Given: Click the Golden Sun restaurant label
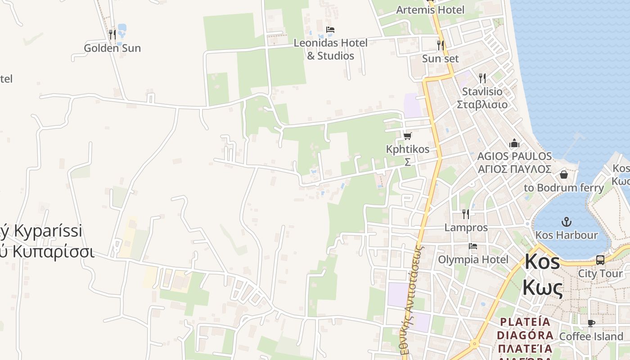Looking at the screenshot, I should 112,48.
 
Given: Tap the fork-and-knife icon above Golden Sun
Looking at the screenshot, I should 112,34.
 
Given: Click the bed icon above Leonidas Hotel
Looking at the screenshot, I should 330,30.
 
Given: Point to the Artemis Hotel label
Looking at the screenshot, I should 430,9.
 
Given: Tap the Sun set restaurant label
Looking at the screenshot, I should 440,58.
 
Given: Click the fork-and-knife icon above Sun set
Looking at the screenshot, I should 441,45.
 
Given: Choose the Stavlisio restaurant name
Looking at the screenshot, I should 482,91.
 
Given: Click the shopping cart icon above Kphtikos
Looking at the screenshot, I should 408,136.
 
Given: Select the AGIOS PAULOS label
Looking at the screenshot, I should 514,156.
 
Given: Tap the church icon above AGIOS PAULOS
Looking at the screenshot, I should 514,144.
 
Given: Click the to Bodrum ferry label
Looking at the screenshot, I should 564,188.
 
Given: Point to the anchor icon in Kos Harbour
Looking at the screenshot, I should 567,221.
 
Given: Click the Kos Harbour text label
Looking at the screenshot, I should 567,235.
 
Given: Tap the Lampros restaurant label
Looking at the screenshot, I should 466,228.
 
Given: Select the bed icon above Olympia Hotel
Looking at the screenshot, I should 473,246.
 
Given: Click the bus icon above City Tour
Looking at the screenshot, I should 600,260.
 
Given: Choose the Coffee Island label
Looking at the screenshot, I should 591,336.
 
